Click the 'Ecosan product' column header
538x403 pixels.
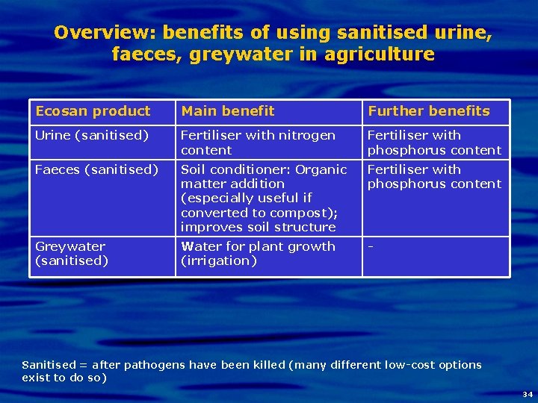click(x=93, y=111)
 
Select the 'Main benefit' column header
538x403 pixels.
click(x=228, y=111)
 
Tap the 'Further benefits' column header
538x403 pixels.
click(x=428, y=111)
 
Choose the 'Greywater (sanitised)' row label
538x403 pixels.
click(x=72, y=253)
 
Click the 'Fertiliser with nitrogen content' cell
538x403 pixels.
click(x=258, y=143)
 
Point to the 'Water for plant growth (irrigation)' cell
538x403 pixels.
click(x=258, y=253)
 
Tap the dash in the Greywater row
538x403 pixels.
click(x=370, y=246)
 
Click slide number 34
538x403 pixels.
click(x=528, y=393)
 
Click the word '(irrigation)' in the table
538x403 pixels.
click(x=218, y=260)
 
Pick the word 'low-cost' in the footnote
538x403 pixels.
click(x=411, y=365)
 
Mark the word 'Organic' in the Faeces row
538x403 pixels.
click(x=321, y=169)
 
